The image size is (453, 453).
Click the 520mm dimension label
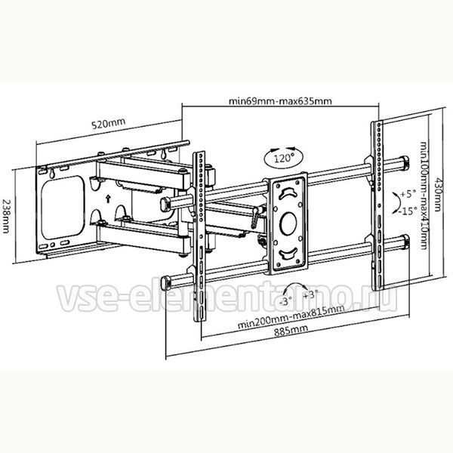[108, 124]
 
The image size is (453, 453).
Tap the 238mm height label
[6, 217]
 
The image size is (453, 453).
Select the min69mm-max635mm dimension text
[280, 101]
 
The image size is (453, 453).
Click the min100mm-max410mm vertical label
[424, 196]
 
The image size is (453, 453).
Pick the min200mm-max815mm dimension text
[291, 316]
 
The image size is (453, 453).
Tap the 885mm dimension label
[291, 331]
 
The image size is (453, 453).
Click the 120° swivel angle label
[283, 158]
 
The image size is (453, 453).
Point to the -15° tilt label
[408, 211]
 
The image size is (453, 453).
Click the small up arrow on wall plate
[108, 199]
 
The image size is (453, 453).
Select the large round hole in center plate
[288, 223]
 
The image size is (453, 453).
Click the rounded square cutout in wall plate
[63, 207]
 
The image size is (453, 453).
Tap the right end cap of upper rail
[405, 162]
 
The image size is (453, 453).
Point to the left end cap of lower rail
[165, 283]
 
